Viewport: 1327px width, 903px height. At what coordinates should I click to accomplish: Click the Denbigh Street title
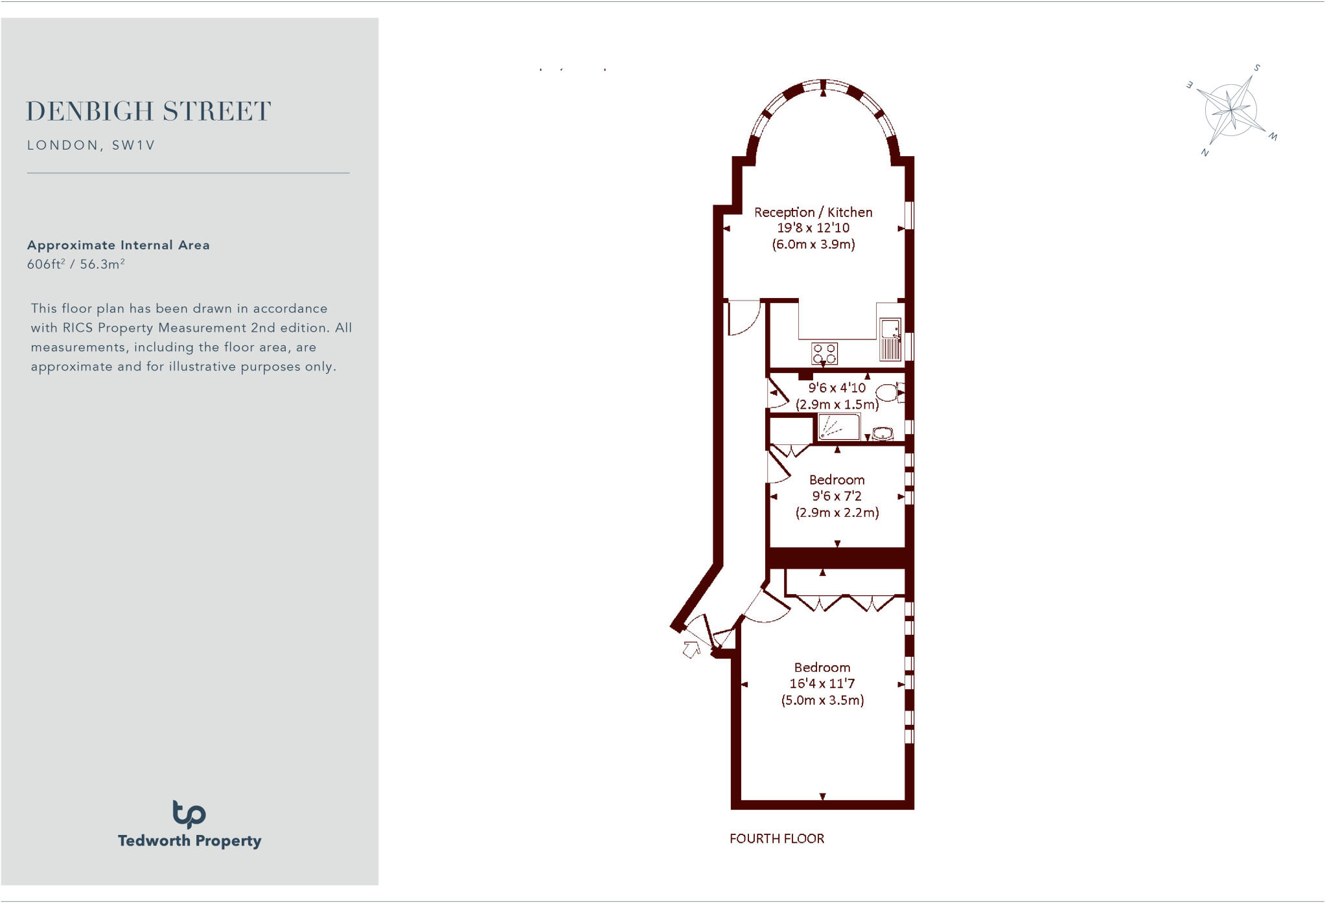tap(148, 111)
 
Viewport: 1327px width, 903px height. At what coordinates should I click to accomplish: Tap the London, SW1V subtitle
tap(91, 145)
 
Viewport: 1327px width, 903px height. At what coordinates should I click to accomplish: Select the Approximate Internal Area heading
tap(118, 245)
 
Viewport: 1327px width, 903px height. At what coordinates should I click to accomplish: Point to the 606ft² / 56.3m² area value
tap(76, 264)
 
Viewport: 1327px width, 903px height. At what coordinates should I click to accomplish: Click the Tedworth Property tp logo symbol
tap(189, 814)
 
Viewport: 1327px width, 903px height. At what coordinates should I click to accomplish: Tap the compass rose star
tap(1231, 110)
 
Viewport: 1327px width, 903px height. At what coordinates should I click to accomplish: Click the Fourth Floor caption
tap(777, 839)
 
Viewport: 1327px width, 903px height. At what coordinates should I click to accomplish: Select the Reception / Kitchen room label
tap(813, 212)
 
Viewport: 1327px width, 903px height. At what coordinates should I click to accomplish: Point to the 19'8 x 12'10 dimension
tap(813, 228)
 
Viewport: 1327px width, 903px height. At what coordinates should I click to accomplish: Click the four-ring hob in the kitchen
tap(824, 354)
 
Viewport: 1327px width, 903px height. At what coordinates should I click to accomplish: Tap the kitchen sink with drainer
tap(890, 339)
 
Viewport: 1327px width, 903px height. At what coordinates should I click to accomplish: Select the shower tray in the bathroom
tap(839, 427)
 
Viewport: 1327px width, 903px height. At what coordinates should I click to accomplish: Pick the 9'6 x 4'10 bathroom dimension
tap(837, 388)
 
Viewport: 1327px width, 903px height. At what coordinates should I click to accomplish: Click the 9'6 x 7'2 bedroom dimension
tap(837, 496)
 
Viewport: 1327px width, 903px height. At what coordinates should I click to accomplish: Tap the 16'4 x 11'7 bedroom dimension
tap(822, 683)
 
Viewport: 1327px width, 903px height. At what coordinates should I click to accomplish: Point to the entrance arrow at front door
tap(691, 648)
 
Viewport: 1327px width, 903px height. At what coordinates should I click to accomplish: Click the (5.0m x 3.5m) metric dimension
tap(822, 700)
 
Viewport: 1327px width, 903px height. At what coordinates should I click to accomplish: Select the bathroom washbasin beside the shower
tap(883, 433)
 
